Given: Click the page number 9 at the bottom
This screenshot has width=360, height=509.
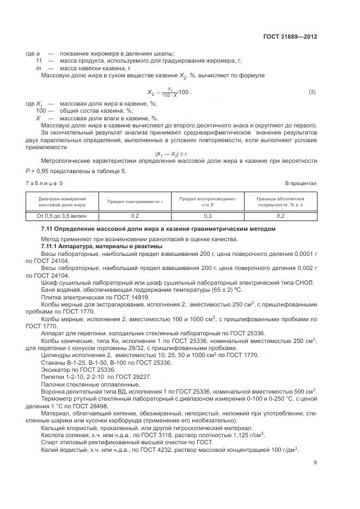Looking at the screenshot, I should (315, 463).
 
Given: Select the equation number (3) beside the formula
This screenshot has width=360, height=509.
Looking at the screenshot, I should (312, 91).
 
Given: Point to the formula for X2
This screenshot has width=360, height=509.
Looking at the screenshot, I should (169, 92).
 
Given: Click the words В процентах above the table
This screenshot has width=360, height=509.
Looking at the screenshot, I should (301, 183).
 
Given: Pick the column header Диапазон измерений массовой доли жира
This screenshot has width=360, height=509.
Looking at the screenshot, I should (62, 201).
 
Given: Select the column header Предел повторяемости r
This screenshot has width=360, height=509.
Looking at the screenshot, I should (135, 202).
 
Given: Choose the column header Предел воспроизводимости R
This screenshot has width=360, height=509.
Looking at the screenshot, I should (207, 201).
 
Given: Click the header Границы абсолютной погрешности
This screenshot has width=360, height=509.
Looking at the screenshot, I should (280, 201).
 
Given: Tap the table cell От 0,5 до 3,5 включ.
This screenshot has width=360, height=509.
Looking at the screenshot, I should (62, 216).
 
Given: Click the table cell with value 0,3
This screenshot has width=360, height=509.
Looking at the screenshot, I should (207, 216).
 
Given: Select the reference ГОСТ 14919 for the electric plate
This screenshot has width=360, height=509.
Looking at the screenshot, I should (117, 298).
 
